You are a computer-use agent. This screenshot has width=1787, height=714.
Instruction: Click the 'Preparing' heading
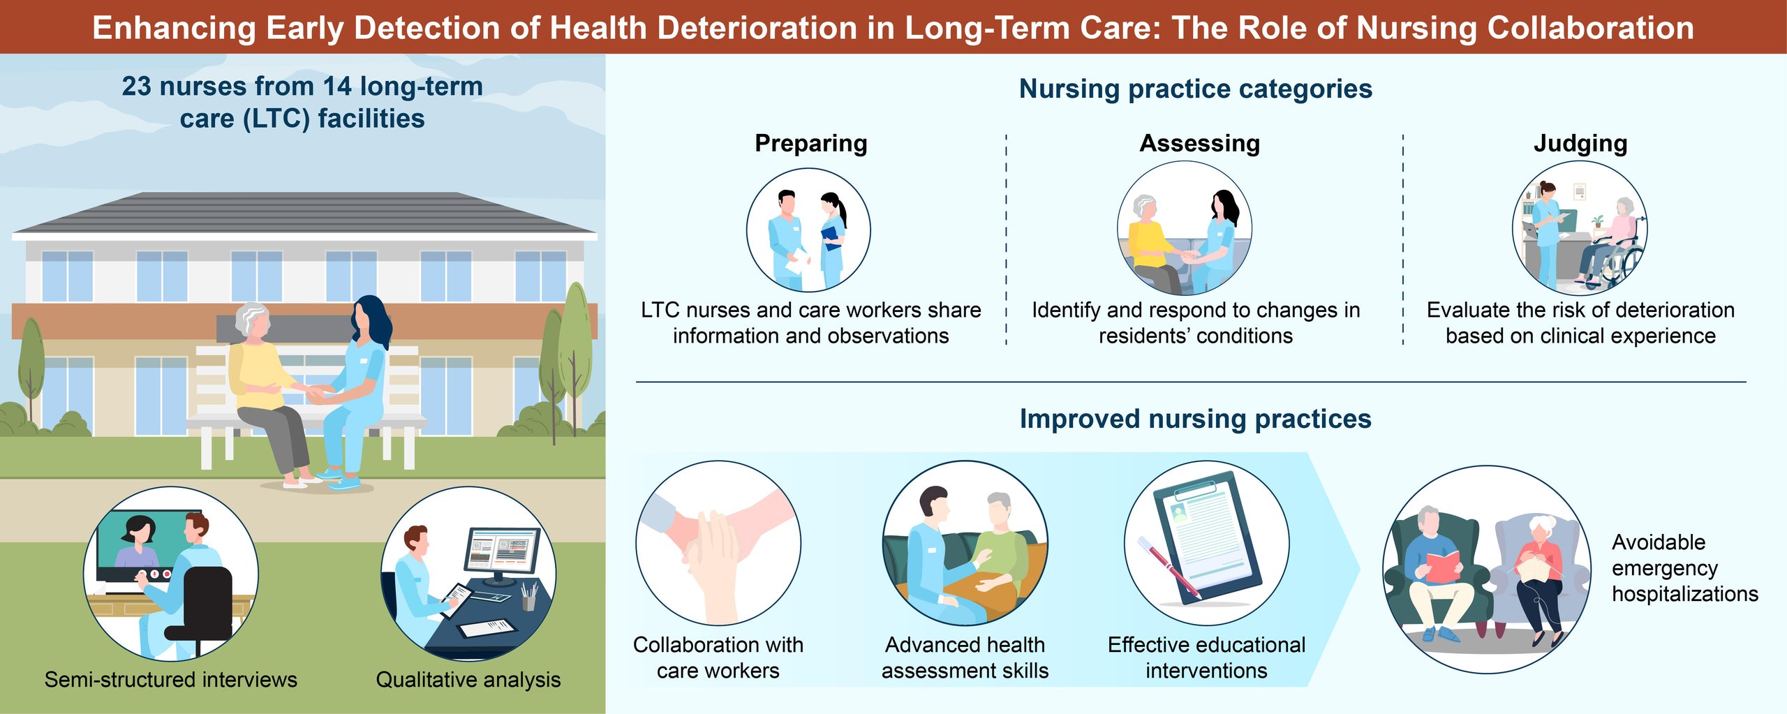(x=811, y=144)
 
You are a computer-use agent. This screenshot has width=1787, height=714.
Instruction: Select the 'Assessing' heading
(x=1200, y=144)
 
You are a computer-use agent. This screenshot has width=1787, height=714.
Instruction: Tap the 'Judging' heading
(x=1580, y=144)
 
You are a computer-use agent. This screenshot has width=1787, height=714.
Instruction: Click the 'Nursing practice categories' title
(x=1196, y=89)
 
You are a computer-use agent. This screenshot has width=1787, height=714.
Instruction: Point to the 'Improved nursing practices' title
(x=1196, y=419)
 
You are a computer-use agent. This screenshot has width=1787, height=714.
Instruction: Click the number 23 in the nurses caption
(x=136, y=87)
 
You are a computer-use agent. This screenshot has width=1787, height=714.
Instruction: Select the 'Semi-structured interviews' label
(x=171, y=679)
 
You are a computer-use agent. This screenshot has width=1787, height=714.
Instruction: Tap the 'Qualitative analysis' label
(x=468, y=679)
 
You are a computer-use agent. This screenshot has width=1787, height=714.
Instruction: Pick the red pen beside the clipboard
(x=1169, y=568)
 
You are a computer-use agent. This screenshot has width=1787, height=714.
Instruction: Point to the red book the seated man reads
(x=1442, y=566)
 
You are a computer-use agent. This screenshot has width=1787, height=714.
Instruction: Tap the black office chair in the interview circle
(x=202, y=607)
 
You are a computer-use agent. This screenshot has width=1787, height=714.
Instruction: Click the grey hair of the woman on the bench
(x=251, y=318)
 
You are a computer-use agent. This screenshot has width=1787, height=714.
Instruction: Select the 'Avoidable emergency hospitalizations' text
(x=1685, y=567)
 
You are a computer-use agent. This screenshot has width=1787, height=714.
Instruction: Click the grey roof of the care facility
(x=304, y=212)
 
